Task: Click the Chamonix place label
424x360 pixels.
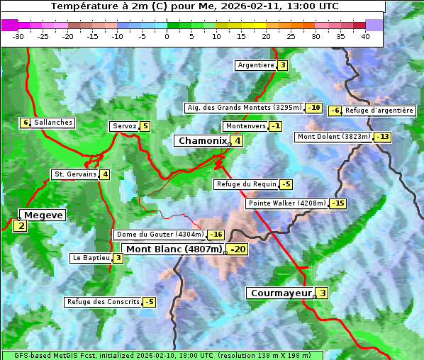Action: tap(202, 141)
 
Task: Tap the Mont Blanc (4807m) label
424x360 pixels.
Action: tap(174, 249)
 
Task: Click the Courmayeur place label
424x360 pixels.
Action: tap(281, 293)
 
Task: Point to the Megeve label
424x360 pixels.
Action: tap(43, 215)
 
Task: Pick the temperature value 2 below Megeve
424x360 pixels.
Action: tap(21, 227)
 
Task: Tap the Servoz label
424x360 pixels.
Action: tap(124, 126)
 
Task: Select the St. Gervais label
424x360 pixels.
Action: tap(74, 174)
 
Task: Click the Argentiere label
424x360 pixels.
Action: tap(255, 65)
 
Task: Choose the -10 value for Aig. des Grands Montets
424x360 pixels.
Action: tap(314, 108)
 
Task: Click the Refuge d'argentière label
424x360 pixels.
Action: tap(379, 111)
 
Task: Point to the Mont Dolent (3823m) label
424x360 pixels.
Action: tap(333, 137)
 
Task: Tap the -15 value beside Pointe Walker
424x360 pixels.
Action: tap(337, 203)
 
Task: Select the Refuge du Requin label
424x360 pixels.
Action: tap(245, 184)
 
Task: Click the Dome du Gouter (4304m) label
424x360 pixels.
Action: tap(160, 235)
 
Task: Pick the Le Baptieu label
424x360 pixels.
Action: tap(91, 258)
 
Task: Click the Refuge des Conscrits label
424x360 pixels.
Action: tap(103, 302)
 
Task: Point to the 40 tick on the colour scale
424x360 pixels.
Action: tap(365, 35)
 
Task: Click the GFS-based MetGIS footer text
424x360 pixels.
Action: tap(162, 355)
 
